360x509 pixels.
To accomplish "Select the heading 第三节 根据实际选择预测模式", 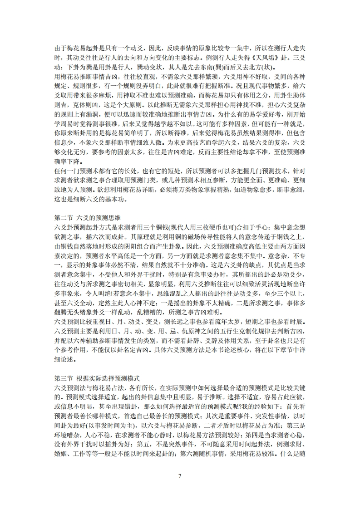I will point(97,378).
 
